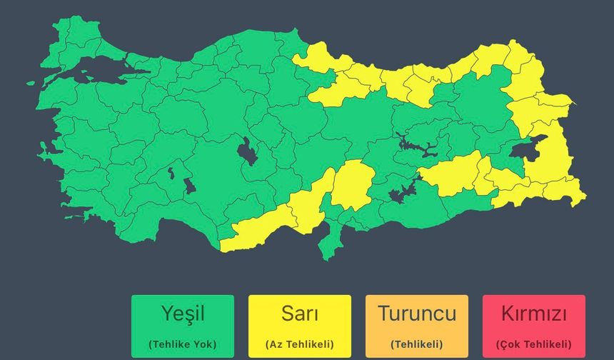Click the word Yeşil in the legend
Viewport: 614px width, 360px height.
click(183, 314)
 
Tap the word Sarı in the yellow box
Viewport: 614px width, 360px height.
click(299, 314)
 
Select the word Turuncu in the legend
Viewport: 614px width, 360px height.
click(417, 314)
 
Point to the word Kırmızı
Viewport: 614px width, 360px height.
click(534, 314)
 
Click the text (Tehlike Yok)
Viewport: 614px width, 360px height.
click(183, 344)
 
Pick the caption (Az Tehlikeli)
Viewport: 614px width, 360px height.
click(299, 344)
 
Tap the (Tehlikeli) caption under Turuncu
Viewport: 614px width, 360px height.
click(417, 344)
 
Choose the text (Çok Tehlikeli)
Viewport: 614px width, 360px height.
click(534, 344)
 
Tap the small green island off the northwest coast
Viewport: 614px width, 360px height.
click(31, 83)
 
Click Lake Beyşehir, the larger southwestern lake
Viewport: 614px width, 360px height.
click(189, 186)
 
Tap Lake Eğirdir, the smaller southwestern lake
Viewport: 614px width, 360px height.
click(171, 173)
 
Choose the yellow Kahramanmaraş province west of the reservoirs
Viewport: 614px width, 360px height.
click(353, 184)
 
